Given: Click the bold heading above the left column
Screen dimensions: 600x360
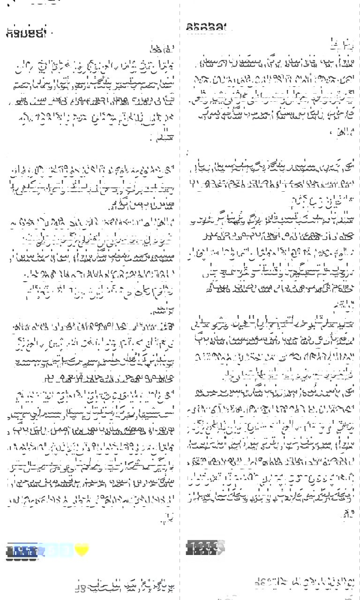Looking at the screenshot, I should [x=27, y=33].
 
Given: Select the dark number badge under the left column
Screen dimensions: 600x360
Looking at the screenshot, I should [x=22, y=551].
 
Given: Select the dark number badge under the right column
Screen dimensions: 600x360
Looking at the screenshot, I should [x=202, y=547].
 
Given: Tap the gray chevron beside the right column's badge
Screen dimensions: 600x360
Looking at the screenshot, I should [x=221, y=547].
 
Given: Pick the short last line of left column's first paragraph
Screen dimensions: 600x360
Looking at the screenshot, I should [x=157, y=138].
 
